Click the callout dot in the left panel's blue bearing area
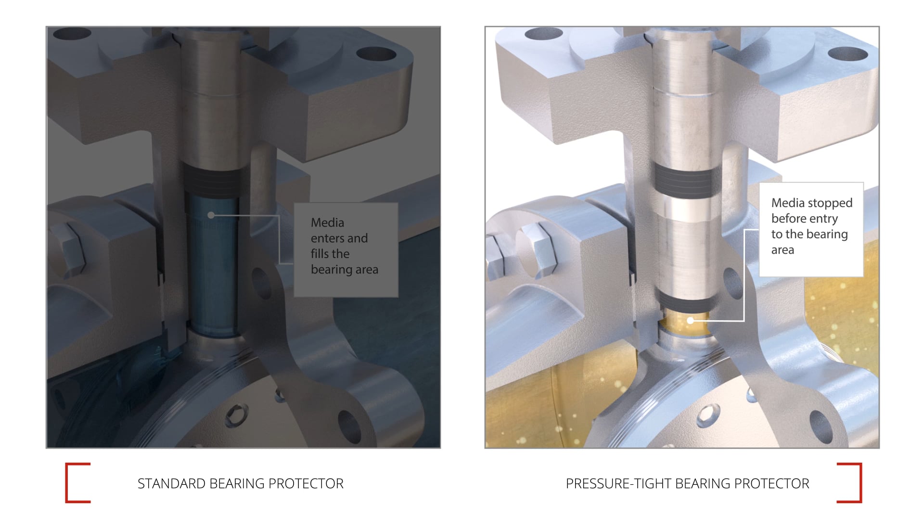coord(211,215)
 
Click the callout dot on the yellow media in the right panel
coord(690,320)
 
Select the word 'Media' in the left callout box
coord(327,222)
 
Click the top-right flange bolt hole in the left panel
coord(376,53)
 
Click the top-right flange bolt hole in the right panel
coord(847,53)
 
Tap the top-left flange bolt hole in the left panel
coord(72,34)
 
